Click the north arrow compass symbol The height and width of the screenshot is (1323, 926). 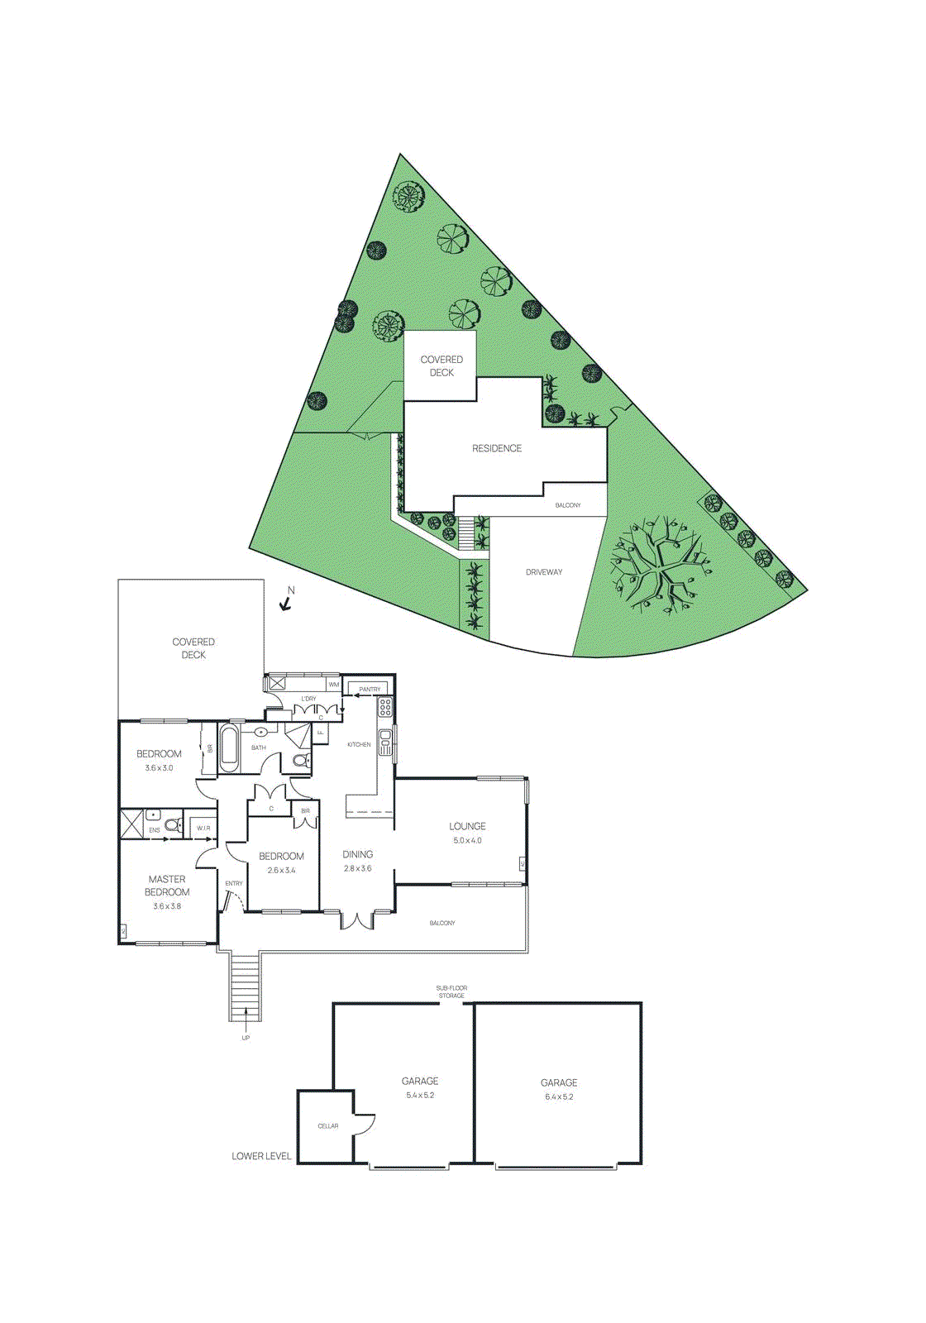[286, 602]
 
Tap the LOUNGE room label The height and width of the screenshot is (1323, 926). [467, 826]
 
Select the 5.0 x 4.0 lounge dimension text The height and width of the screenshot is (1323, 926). [467, 841]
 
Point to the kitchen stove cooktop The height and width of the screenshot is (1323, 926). [385, 707]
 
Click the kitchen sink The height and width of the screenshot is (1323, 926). [385, 741]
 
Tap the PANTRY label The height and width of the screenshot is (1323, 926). [370, 690]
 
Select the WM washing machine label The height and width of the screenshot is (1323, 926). [334, 685]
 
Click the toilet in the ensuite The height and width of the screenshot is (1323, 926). [173, 824]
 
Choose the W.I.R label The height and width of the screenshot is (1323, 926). [203, 828]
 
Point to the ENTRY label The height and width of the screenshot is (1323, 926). [234, 884]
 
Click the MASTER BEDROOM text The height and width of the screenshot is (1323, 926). [167, 886]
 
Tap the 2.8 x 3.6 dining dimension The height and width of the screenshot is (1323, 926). [358, 869]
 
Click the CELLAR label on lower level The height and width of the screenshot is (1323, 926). [328, 1126]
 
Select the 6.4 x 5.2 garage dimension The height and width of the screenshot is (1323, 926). [559, 1097]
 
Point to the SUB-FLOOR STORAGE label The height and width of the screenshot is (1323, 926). [451, 991]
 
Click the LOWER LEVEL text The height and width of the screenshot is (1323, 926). [261, 1156]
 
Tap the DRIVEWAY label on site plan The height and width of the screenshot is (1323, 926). [544, 572]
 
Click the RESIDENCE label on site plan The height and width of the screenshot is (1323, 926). [497, 448]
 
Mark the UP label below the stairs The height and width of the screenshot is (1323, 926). [246, 1038]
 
